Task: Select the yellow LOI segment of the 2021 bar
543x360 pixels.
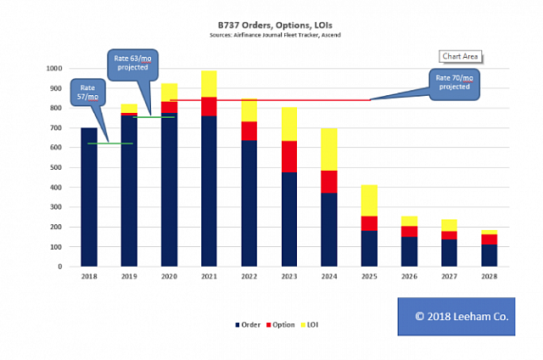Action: tap(210, 84)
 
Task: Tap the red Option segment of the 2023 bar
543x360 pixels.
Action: tap(290, 156)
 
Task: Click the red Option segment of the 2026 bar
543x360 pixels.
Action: tap(410, 231)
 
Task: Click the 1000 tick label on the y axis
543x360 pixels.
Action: tap(53, 69)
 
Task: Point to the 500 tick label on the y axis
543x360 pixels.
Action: tap(56, 167)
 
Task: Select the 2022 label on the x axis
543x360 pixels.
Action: tap(249, 277)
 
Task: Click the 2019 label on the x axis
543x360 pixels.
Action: tap(129, 277)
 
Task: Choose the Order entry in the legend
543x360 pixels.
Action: tap(247, 324)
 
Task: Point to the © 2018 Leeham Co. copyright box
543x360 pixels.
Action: tap(457, 315)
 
